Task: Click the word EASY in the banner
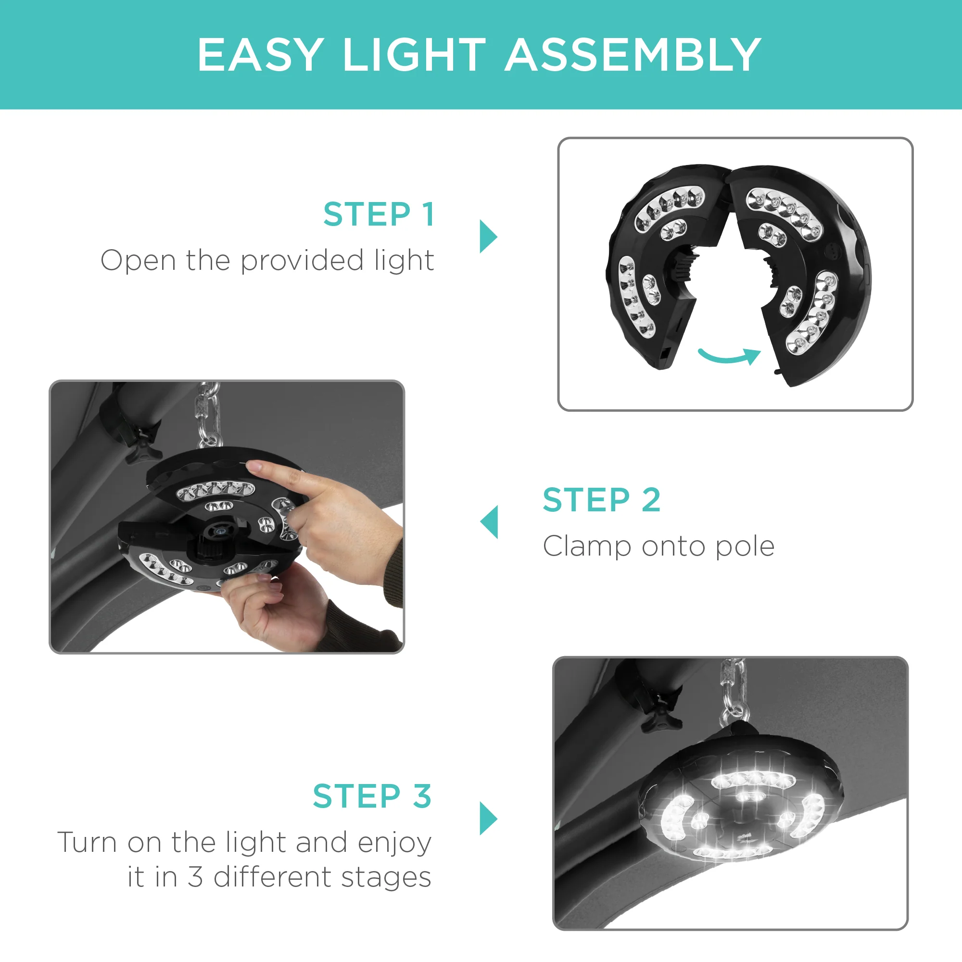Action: [261, 55]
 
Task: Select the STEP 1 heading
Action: [379, 215]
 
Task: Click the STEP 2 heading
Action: [602, 499]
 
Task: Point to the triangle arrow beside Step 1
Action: [488, 237]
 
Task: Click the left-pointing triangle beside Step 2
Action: [489, 522]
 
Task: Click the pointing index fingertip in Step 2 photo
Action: [255, 467]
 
